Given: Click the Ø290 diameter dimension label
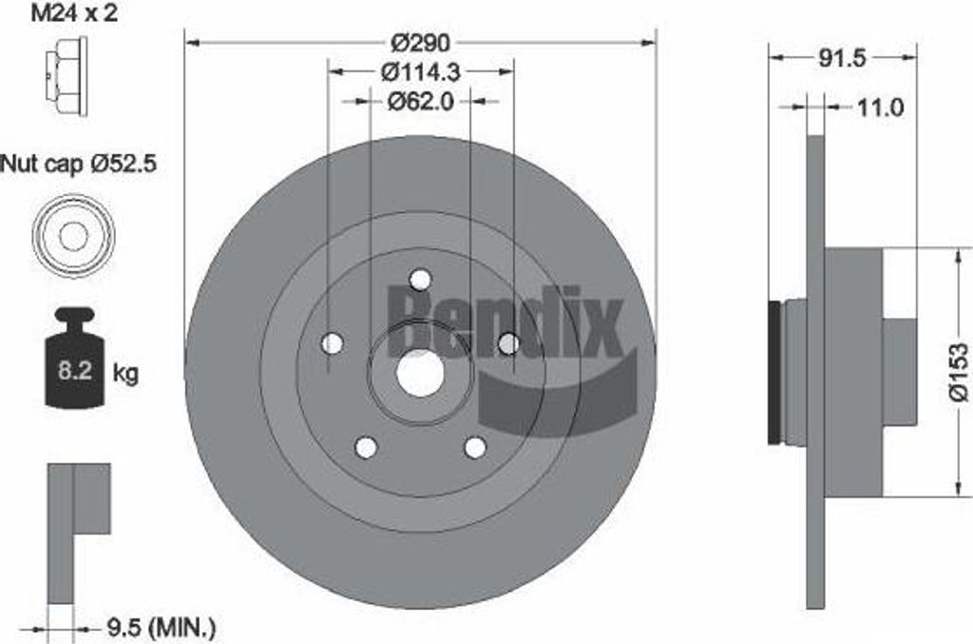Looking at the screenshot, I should pyautogui.click(x=420, y=43).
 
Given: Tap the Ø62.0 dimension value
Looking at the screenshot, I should pyautogui.click(x=420, y=100).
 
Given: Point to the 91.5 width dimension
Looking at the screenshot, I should pyautogui.click(x=842, y=58).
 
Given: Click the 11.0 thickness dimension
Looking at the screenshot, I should pyautogui.click(x=879, y=107).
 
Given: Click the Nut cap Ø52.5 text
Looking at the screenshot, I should pyautogui.click(x=78, y=165).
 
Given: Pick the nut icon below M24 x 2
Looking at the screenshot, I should pyautogui.click(x=67, y=76).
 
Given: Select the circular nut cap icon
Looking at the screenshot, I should pyautogui.click(x=72, y=235).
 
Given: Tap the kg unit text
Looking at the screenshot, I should pyautogui.click(x=125, y=373).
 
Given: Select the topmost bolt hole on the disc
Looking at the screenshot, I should pyautogui.click(x=420, y=279).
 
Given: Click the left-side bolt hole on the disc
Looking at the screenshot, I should pyautogui.click(x=331, y=343).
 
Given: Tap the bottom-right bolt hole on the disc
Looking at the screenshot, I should pyautogui.click(x=475, y=447).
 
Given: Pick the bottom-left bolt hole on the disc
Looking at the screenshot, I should pyautogui.click(x=365, y=447).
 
